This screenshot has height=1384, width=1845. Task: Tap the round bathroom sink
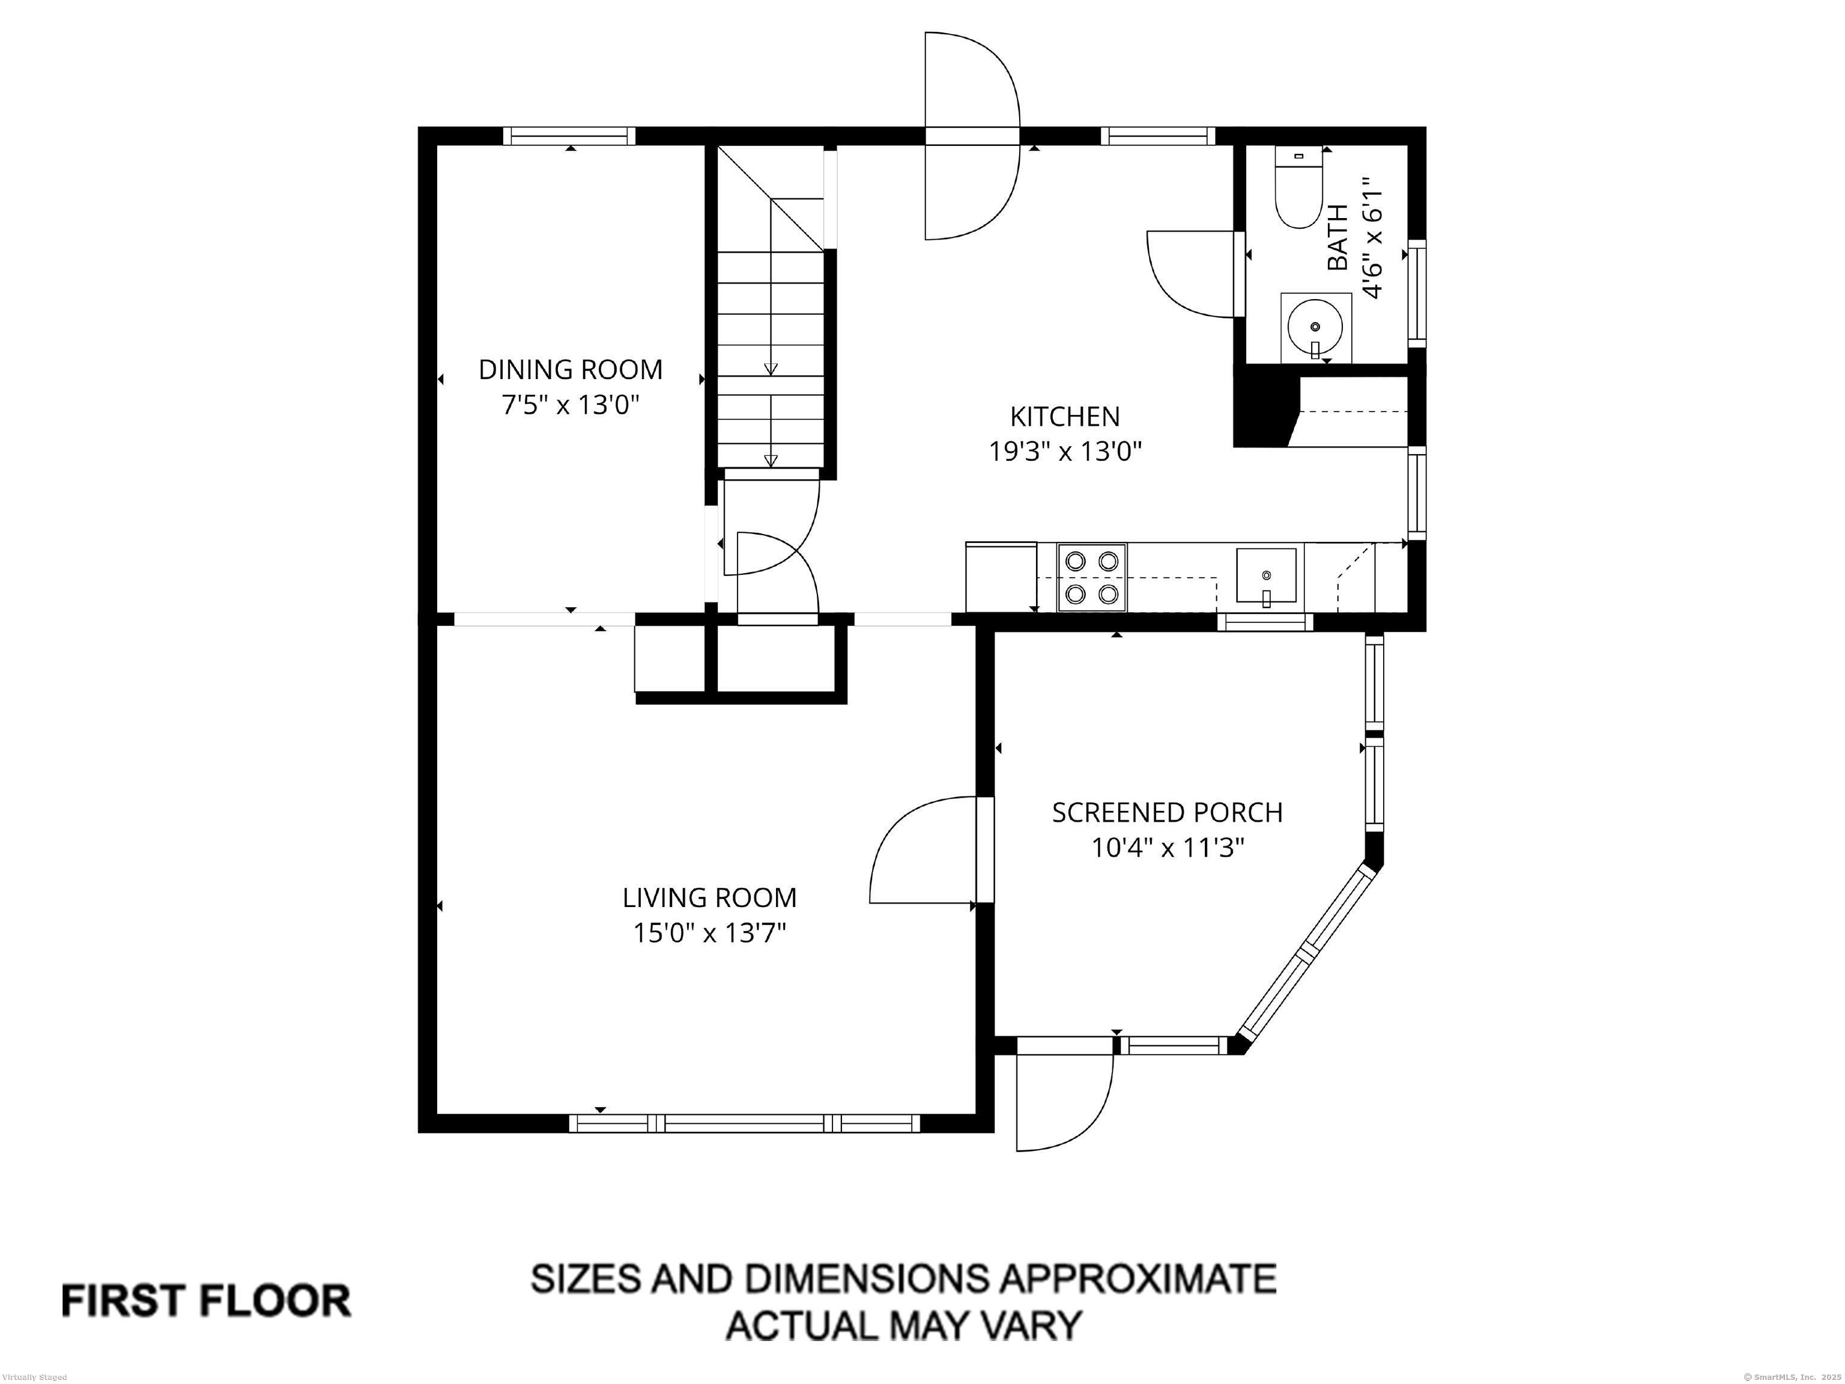[1315, 326]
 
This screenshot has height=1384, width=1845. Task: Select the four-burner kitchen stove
[1091, 577]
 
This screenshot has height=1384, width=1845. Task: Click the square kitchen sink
[1266, 575]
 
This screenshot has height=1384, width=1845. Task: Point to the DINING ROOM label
[571, 369]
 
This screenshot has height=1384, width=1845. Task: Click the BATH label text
[1337, 238]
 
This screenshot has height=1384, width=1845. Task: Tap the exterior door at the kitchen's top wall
[972, 136]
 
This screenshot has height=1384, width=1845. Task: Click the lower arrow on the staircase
[771, 460]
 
